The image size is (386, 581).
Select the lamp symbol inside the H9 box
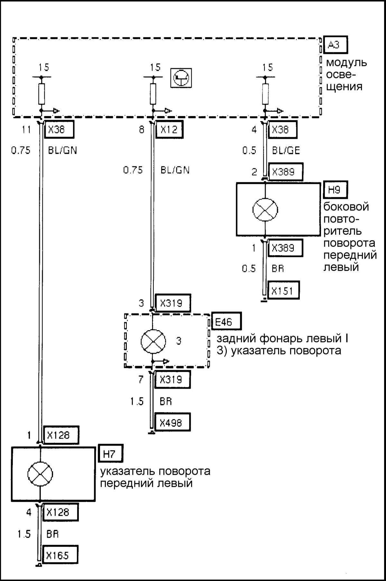pos(265,210)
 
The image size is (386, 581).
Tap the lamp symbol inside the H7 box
pos(40,474)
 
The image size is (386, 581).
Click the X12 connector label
pos(169,129)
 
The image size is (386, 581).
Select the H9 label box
pos(336,190)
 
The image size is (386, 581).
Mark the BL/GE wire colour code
pos(286,151)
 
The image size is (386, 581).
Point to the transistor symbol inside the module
pos(181,78)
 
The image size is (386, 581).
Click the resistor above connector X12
pos(153,94)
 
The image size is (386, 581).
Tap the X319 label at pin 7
pos(172,380)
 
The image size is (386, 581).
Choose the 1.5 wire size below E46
pos(137,401)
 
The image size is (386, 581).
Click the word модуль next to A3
pos(346,62)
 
